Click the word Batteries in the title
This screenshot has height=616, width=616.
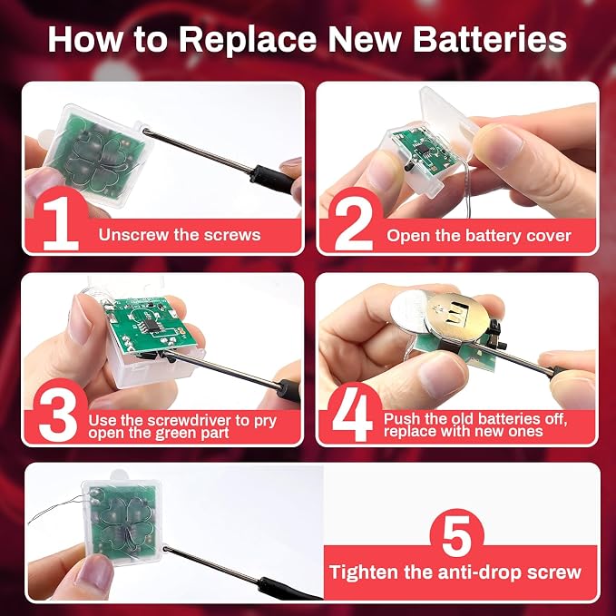[490, 39]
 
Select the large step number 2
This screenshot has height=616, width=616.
[354, 224]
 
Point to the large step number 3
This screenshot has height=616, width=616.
[58, 416]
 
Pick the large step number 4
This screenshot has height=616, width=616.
[352, 415]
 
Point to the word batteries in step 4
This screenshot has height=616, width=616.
[511, 419]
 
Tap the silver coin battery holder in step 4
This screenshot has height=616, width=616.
[457, 317]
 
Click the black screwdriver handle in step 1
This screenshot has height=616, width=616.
[272, 180]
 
